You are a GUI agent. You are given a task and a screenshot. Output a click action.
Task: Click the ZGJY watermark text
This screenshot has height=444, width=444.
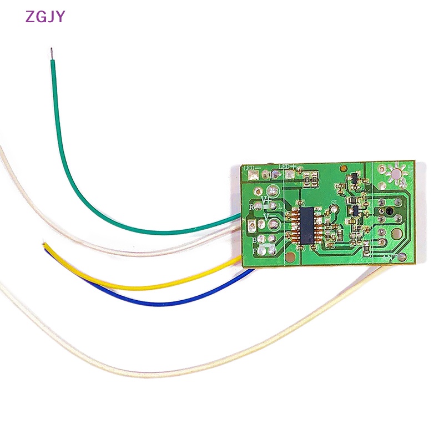pyautogui.click(x=45, y=17)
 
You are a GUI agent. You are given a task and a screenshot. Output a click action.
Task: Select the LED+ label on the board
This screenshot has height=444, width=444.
pyautogui.click(x=287, y=166)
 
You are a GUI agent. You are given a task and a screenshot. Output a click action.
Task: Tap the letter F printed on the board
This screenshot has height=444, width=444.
pyautogui.click(x=255, y=251)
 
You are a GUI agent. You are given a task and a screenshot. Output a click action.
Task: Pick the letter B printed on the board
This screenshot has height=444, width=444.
pyautogui.click(x=255, y=240)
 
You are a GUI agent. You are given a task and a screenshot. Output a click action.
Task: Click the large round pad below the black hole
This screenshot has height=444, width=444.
pyautogui.click(x=395, y=234)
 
